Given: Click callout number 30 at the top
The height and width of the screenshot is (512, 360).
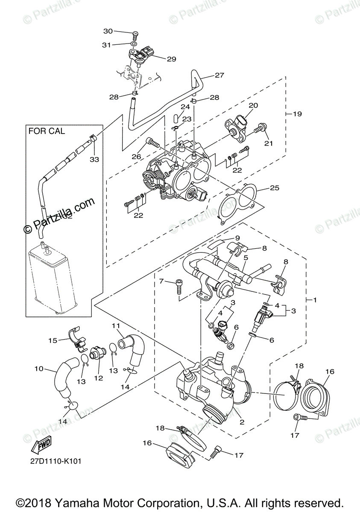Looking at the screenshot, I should [108, 31].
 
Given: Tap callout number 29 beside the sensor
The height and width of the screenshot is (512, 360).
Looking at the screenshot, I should [171, 59].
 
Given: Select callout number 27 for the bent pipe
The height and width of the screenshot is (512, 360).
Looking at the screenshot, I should [219, 76].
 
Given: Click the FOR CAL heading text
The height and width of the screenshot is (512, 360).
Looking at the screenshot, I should [47, 131].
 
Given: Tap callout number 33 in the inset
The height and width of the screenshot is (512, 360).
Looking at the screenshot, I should [94, 160].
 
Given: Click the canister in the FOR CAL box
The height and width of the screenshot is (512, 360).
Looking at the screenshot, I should [52, 277].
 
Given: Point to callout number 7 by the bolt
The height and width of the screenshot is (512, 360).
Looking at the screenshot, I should [161, 281].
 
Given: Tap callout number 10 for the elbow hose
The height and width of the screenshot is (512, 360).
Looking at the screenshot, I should [39, 369].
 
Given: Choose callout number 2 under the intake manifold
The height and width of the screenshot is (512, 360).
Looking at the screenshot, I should [242, 422].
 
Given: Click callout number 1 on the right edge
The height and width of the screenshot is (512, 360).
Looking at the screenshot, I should [315, 300].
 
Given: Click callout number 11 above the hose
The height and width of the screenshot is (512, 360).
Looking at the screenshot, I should [116, 326].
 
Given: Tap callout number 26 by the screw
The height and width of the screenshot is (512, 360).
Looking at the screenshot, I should [136, 157].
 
